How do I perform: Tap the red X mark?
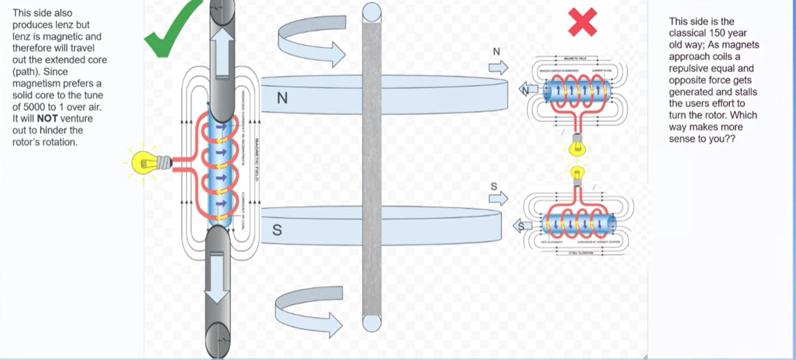click(x=583, y=23)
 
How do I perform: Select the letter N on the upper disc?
click(x=282, y=98)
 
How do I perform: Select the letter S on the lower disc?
click(x=277, y=230)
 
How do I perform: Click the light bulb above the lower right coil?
click(x=577, y=174)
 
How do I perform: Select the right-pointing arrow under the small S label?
click(x=498, y=199)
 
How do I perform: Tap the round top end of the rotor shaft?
click(x=372, y=11)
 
